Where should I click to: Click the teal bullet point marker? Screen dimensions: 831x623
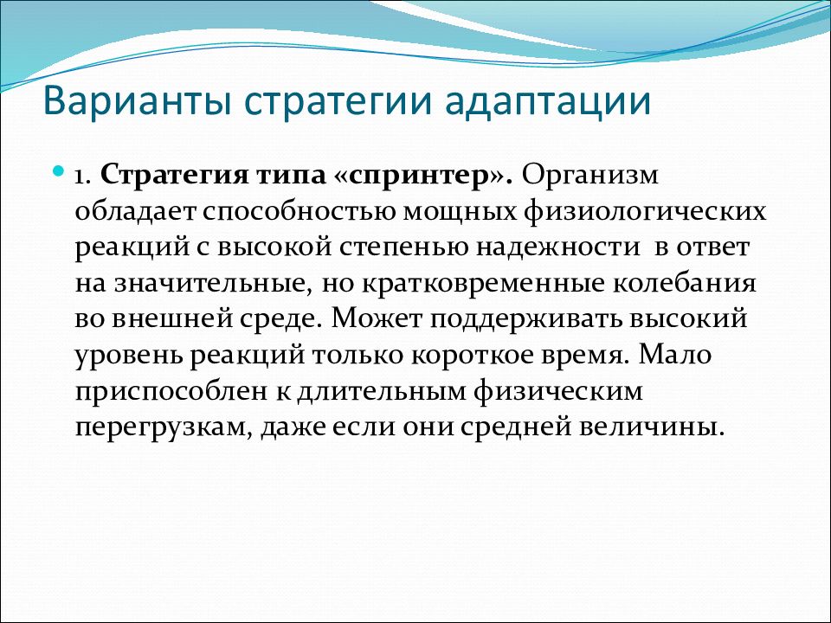click(x=59, y=172)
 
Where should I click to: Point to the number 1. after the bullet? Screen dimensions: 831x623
click(x=85, y=177)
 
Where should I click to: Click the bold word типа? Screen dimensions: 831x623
click(x=291, y=177)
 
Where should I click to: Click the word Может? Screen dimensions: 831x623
click(x=377, y=318)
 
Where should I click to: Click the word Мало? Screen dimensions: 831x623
click(x=674, y=354)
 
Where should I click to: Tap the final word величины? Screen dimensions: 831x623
click(x=651, y=427)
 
